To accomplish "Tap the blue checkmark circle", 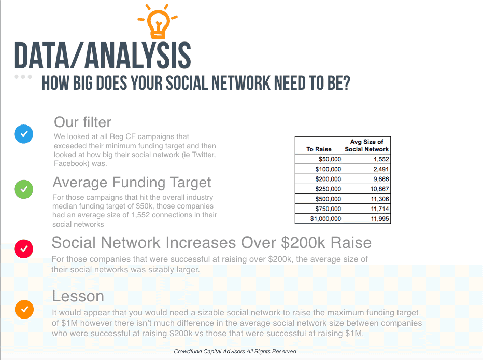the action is pos(24,134).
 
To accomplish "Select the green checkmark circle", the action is pos(24,189).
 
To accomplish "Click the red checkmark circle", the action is pos(24,249).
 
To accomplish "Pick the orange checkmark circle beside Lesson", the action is pos(24,309).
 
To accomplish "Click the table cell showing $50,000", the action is pos(319,159).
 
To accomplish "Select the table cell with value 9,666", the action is pos(366,179).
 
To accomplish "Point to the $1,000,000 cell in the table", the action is pos(319,218).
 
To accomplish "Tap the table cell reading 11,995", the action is pos(366,218).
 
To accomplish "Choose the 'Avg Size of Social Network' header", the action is pos(366,145).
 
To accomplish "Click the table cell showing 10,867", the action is pos(366,189).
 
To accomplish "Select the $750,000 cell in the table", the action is pos(319,209).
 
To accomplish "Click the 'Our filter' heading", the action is pos(82,122).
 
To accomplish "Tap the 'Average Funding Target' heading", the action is pos(132,183).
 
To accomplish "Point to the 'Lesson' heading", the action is pos(78,296).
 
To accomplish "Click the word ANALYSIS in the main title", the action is pos(138,56).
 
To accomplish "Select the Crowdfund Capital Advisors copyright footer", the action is pos(235,351).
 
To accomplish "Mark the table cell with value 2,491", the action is pos(366,169).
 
